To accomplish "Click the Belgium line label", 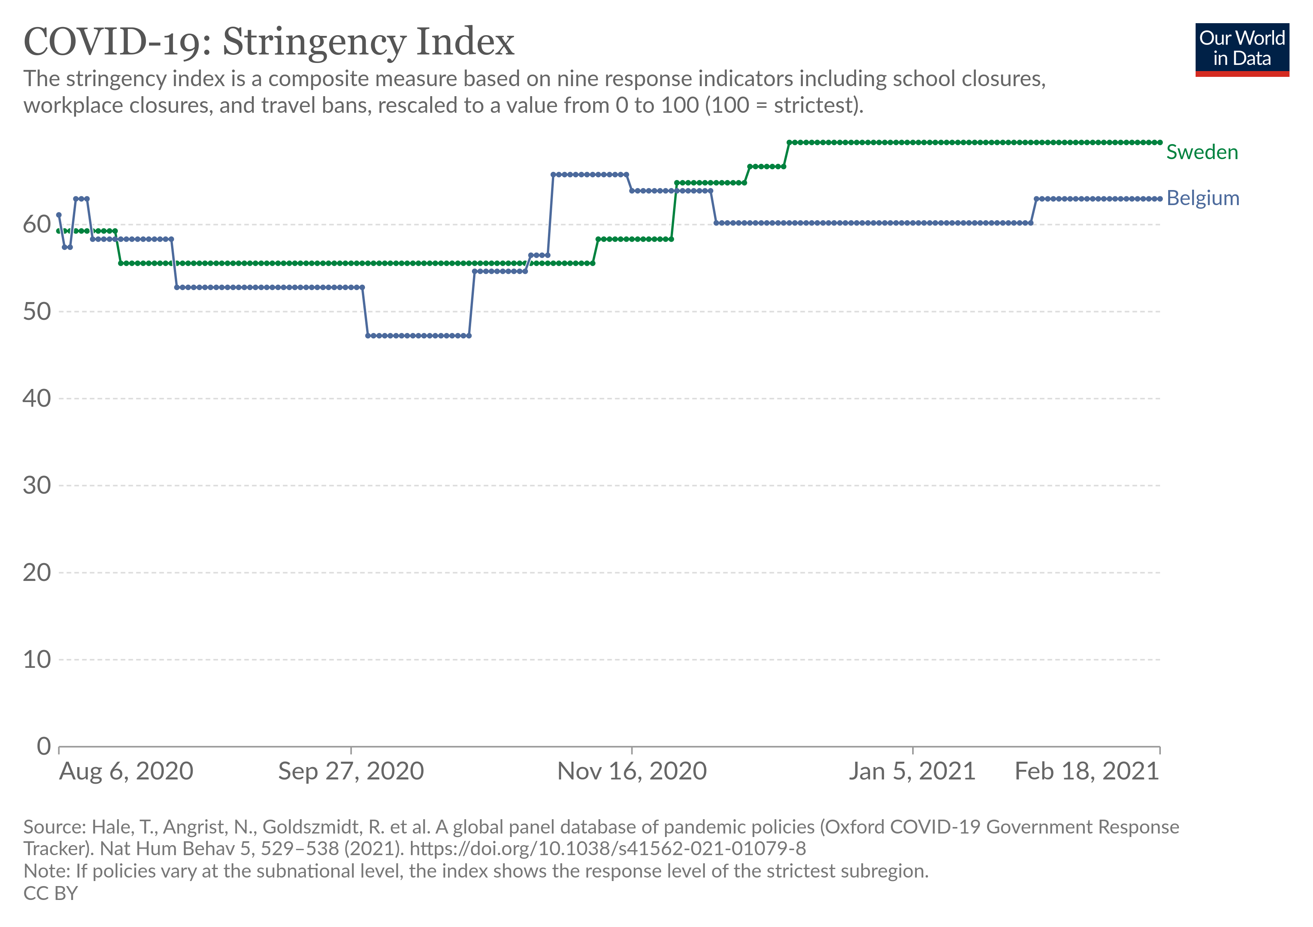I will click(x=1203, y=199).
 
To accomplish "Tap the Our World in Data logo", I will click(x=1242, y=49).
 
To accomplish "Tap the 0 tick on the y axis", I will click(x=44, y=746).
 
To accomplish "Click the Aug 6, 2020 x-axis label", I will click(x=126, y=771).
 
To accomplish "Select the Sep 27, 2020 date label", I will click(x=351, y=771).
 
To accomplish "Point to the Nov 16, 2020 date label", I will click(x=632, y=771).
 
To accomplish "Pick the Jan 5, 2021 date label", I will click(x=911, y=771).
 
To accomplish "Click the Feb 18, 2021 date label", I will click(x=1087, y=771).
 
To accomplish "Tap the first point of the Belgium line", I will click(x=59, y=215).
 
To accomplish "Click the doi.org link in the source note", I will click(x=607, y=849).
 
